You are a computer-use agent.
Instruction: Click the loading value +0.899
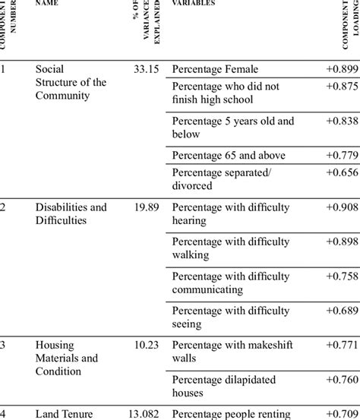340,69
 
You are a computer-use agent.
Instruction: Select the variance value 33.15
145,69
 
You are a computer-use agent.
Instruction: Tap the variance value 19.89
145,207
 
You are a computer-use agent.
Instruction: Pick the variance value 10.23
145,344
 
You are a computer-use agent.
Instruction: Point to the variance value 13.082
143,413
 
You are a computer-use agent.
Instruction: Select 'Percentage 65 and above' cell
229,155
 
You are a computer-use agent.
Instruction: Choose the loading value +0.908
340,207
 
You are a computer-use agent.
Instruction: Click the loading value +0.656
340,172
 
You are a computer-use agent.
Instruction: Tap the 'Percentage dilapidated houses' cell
219,385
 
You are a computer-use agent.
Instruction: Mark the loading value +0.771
340,344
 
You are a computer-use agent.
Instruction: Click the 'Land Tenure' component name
64,413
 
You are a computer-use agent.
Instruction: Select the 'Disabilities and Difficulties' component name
71,213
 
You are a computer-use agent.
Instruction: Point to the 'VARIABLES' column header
194,3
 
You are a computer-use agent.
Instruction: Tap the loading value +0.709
340,413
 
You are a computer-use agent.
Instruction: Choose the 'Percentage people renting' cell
231,413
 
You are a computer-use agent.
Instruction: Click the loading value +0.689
340,310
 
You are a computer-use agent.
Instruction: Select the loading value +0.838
340,121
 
